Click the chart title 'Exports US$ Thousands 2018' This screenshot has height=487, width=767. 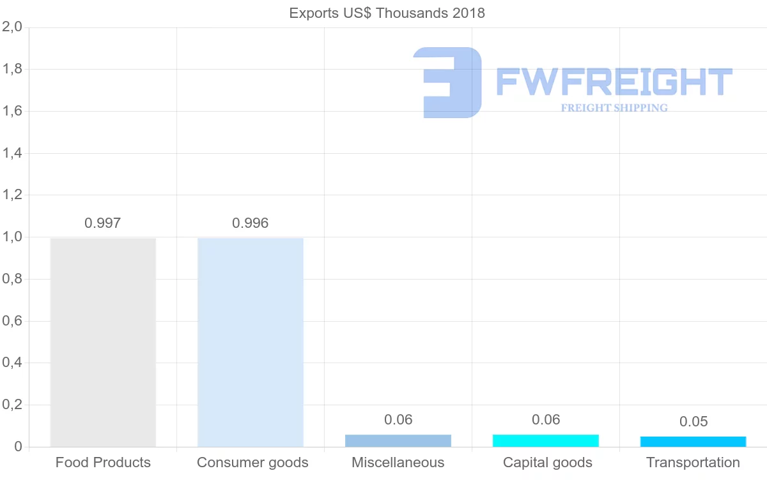click(x=387, y=13)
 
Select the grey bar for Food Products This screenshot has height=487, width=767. click(x=103, y=342)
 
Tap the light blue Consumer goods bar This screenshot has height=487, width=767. click(x=251, y=342)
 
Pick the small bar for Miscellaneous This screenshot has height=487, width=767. click(x=398, y=440)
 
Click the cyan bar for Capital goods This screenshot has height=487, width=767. click(x=546, y=440)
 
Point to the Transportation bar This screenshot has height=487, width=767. click(x=693, y=442)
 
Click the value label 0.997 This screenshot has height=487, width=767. click(x=103, y=223)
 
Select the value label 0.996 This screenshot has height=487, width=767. click(x=251, y=223)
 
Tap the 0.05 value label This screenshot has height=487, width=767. click(x=693, y=422)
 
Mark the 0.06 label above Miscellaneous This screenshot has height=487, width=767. click(x=398, y=420)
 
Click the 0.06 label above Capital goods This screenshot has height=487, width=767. click(x=546, y=420)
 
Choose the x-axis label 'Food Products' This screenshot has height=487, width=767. click(x=103, y=463)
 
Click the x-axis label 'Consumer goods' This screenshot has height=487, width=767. click(x=252, y=463)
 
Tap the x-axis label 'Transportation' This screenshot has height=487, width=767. click(x=693, y=463)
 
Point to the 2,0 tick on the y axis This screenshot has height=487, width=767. click(x=12, y=27)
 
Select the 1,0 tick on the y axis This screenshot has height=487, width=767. click(x=12, y=237)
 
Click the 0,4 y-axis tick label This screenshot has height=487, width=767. click(x=12, y=363)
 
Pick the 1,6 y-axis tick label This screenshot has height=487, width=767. click(x=12, y=112)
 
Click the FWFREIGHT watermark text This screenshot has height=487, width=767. click(x=614, y=82)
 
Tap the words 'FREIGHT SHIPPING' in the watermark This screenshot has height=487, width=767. click(x=614, y=108)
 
